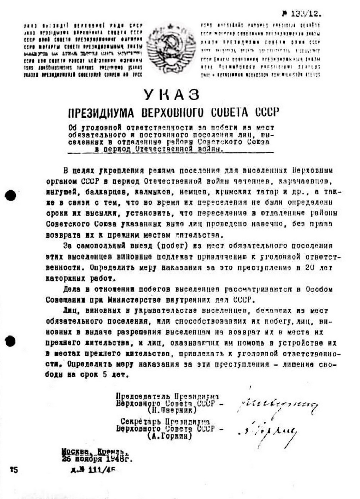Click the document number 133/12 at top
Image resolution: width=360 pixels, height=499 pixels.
[x=305, y=14]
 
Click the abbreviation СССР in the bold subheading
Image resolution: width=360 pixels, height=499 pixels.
[x=267, y=112]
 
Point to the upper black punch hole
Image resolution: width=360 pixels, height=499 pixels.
[x=10, y=195]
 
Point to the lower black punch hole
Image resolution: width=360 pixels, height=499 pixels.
[x=10, y=340]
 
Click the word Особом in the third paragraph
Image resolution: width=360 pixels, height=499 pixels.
[x=319, y=289]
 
